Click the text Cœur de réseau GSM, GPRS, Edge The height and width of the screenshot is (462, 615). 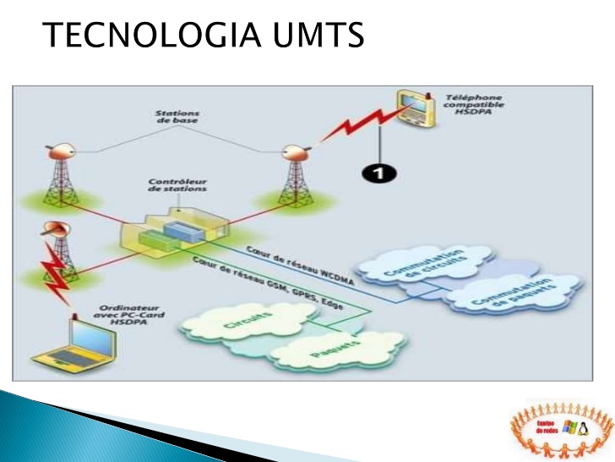[x=268, y=283]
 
